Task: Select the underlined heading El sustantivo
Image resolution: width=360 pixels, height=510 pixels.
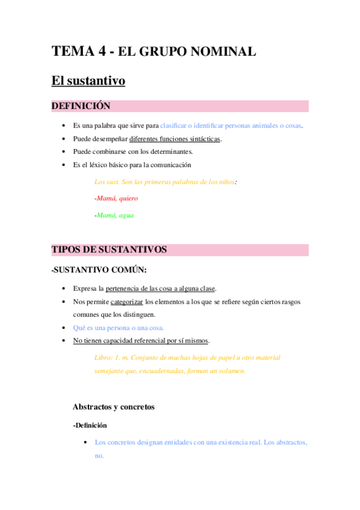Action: click(x=88, y=81)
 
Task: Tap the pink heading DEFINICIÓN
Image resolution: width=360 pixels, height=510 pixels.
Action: click(x=81, y=106)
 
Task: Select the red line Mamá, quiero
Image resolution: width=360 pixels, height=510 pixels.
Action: click(x=117, y=198)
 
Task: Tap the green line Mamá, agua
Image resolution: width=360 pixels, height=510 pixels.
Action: click(x=115, y=215)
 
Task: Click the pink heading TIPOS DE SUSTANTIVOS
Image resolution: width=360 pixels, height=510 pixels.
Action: click(x=109, y=250)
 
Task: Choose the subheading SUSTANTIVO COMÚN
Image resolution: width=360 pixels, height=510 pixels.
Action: click(x=100, y=270)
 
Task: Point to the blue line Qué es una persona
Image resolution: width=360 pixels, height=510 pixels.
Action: click(x=118, y=328)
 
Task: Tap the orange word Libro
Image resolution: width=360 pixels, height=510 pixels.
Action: click(x=103, y=357)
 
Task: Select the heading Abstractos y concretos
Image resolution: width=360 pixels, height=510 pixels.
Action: click(x=114, y=407)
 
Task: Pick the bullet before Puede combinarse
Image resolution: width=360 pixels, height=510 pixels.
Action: click(x=64, y=152)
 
